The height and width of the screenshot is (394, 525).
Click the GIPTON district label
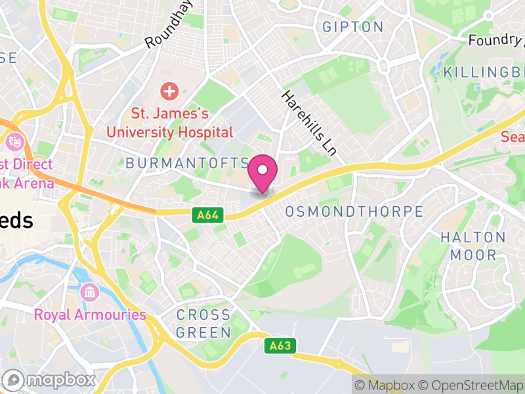click(353, 27)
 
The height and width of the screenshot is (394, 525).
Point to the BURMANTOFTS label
click(187, 162)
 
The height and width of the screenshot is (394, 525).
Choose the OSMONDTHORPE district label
click(354, 211)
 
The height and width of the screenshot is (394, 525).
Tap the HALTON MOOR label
click(472, 246)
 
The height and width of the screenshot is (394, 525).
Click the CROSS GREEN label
click(203, 324)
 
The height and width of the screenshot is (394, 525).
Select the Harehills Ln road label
click(308, 123)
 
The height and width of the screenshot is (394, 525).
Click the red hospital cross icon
click(169, 91)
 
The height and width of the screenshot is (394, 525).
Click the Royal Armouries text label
click(90, 315)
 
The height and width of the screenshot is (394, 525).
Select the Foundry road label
click(496, 40)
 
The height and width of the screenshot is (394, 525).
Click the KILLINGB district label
click(484, 71)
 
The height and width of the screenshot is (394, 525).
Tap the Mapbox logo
click(50, 380)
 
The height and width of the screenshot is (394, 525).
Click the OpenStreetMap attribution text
click(474, 385)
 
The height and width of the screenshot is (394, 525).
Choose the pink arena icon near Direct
click(14, 141)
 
